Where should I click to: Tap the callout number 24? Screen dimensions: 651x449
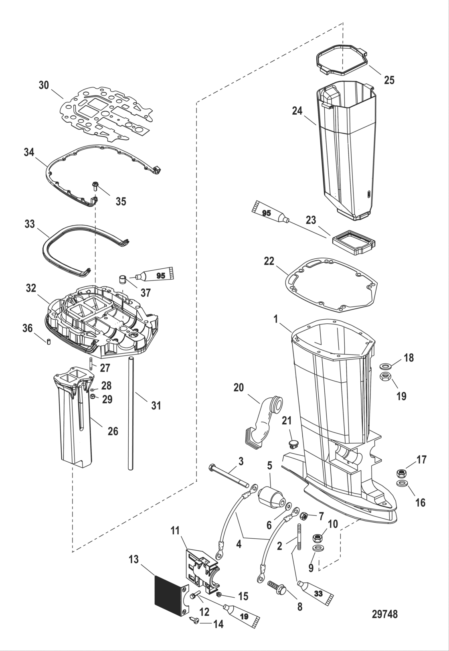pyautogui.click(x=297, y=111)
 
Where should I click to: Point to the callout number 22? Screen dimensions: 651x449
pyautogui.click(x=269, y=262)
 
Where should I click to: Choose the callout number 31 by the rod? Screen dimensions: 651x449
pyautogui.click(x=156, y=406)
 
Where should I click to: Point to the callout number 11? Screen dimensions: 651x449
pyautogui.click(x=175, y=531)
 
